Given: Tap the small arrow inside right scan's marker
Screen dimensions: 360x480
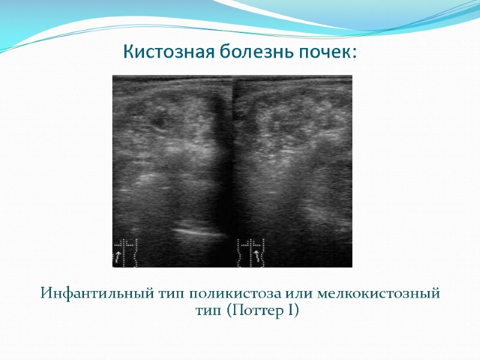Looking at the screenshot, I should click(257, 256).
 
